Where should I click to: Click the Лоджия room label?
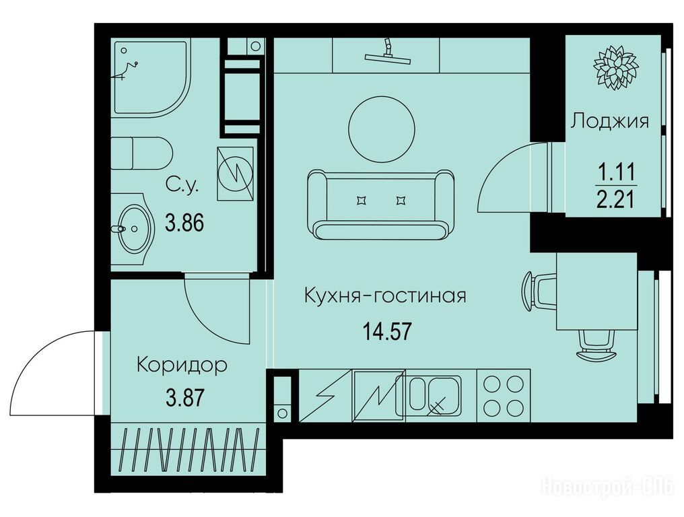[x=610, y=120]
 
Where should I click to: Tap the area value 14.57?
[x=387, y=331]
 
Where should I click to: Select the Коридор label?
[x=182, y=365]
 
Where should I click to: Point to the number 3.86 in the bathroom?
[x=184, y=223]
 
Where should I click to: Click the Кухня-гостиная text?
[x=385, y=296]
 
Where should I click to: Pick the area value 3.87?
[x=185, y=398]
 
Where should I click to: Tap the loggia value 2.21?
[x=615, y=201]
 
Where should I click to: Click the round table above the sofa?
[x=382, y=129]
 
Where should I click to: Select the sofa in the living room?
[x=381, y=205]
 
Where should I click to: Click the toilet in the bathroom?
[x=141, y=153]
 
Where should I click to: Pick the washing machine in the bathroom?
[x=235, y=173]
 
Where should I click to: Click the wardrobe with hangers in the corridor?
[x=189, y=450]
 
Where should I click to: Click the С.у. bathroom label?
[x=182, y=186]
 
